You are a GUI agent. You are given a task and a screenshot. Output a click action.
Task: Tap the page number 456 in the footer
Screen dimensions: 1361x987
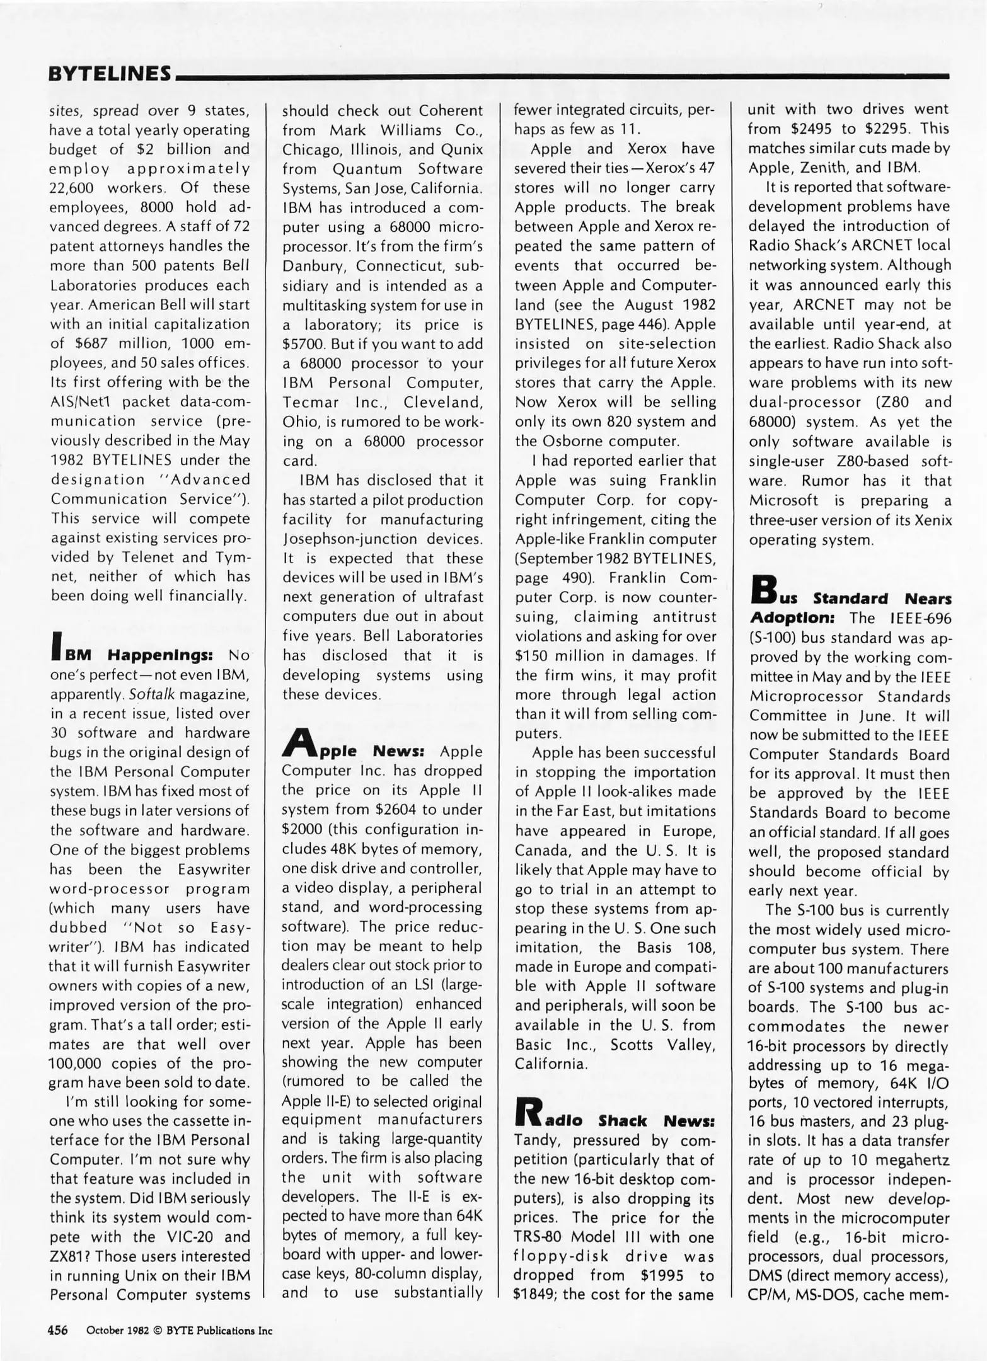[58, 1330]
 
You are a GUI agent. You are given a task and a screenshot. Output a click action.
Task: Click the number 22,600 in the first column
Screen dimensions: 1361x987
[73, 188]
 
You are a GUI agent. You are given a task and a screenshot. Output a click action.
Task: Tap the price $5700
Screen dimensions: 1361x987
[303, 344]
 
